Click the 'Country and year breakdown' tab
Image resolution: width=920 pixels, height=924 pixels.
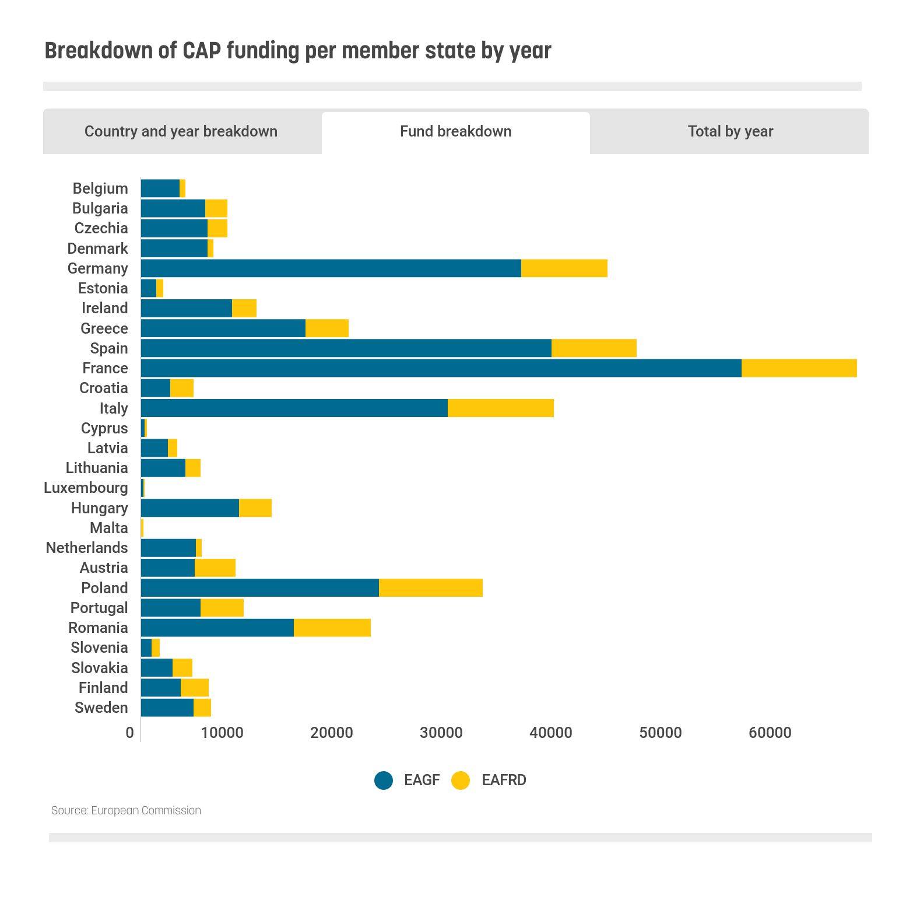pos(181,131)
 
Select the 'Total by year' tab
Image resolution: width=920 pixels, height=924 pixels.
pos(730,131)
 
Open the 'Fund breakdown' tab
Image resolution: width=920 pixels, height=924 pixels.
pos(455,131)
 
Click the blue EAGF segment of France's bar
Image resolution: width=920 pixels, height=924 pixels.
pos(441,368)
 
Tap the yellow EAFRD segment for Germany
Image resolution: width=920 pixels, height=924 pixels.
pos(564,268)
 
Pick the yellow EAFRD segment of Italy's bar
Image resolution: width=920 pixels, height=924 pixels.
pos(500,408)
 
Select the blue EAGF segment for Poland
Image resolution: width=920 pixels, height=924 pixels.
pos(260,588)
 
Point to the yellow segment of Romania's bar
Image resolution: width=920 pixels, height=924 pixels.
pos(332,628)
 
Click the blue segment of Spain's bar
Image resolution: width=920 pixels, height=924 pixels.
pos(346,348)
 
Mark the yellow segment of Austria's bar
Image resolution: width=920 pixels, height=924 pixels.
pos(215,568)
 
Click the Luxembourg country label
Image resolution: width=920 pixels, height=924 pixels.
pos(86,488)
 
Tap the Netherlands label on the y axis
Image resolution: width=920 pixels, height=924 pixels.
pos(87,548)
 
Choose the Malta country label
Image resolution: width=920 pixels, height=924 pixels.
pos(108,528)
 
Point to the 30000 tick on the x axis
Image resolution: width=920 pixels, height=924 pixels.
pos(441,733)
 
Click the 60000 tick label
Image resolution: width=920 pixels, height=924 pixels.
pos(770,733)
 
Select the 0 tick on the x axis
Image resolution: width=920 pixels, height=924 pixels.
pos(129,733)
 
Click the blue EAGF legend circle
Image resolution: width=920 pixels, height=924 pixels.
pos(384,780)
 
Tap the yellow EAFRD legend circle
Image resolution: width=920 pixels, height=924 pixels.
pos(461,780)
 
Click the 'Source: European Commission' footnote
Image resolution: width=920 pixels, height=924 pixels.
pos(126,810)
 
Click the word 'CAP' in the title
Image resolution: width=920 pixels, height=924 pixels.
pos(202,51)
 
